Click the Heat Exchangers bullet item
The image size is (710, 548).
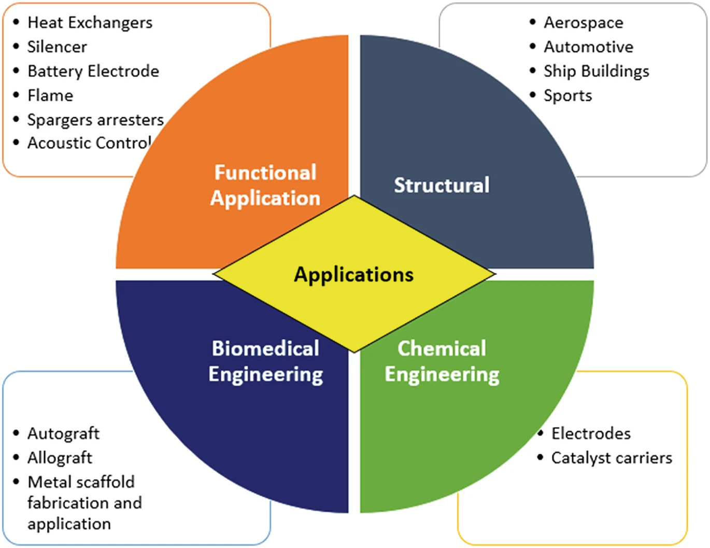coord(90,23)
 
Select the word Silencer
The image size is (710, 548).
coord(57,47)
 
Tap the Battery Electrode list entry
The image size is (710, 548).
coord(93,72)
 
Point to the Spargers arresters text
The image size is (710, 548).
coord(95,120)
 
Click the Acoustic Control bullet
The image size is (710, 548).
coord(89,143)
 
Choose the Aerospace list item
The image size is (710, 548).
coord(583,23)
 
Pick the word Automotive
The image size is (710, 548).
coord(588,47)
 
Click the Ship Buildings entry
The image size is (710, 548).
coord(596,72)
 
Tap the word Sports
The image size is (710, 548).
coord(567,96)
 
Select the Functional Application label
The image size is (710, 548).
coord(265,186)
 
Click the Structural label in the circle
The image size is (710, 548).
coord(442,186)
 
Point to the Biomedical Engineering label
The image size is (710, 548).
coord(265,361)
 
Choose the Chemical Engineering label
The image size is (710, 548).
coord(442,361)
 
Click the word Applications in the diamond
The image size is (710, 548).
coord(354,274)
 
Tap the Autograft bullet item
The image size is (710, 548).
coord(63,433)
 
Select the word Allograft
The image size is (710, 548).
coord(60,458)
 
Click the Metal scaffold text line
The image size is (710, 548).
coord(81,482)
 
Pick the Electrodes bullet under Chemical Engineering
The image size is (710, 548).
coord(591,433)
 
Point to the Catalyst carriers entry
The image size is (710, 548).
coord(612,458)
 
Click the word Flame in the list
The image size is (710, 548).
coord(50,96)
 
